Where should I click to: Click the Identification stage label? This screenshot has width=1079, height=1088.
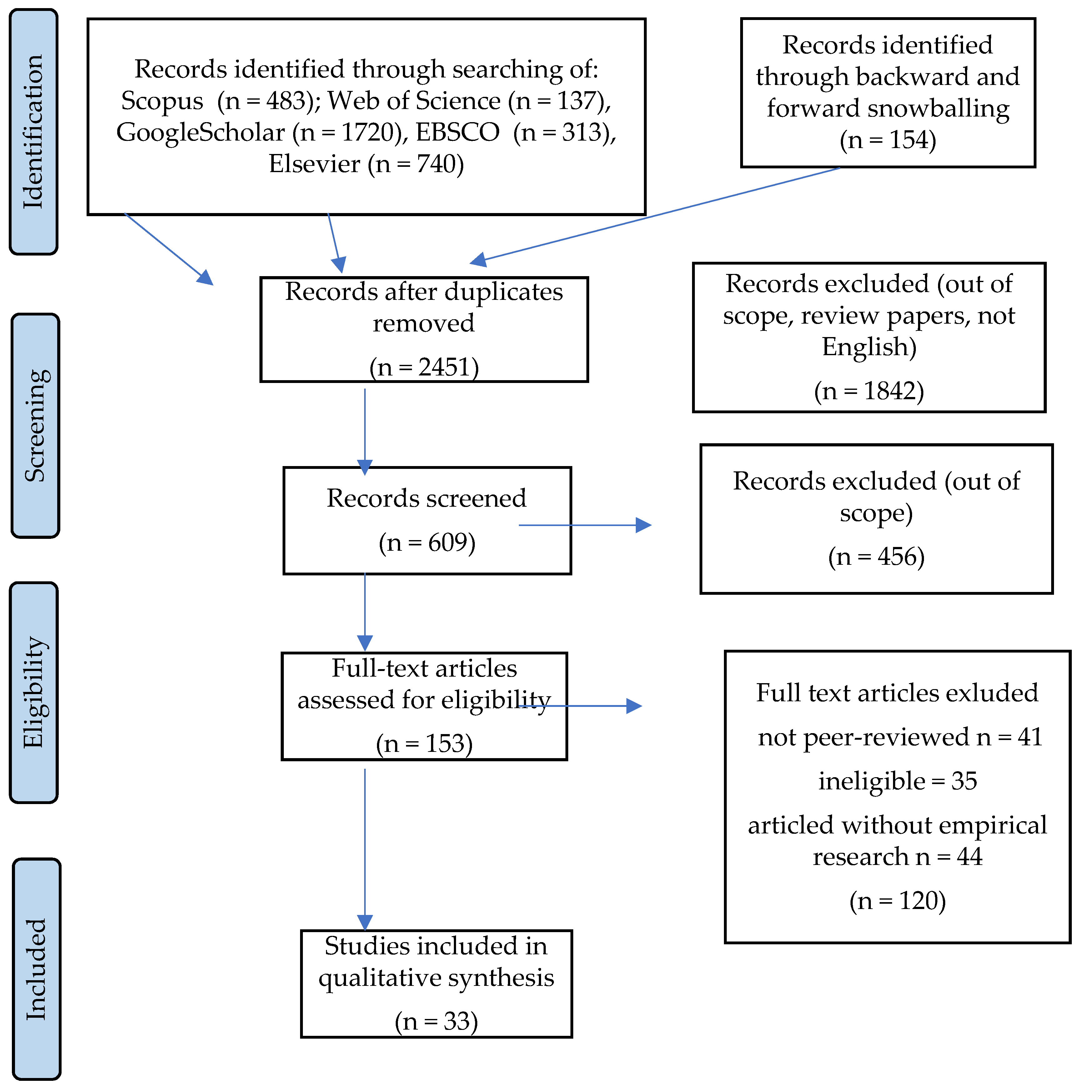(x=33, y=132)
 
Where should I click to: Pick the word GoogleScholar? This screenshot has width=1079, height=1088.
(x=201, y=132)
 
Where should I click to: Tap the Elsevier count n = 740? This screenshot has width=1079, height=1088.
(x=415, y=164)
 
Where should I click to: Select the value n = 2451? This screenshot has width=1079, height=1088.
(x=424, y=367)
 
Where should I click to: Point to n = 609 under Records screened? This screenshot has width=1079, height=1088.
(x=427, y=542)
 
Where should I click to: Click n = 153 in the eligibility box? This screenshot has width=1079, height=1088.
(x=424, y=743)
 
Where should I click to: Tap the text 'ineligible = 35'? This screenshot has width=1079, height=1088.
(x=897, y=781)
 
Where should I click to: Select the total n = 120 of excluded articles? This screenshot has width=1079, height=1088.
(x=897, y=901)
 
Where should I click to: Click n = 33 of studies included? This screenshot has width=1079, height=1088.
(x=436, y=1021)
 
